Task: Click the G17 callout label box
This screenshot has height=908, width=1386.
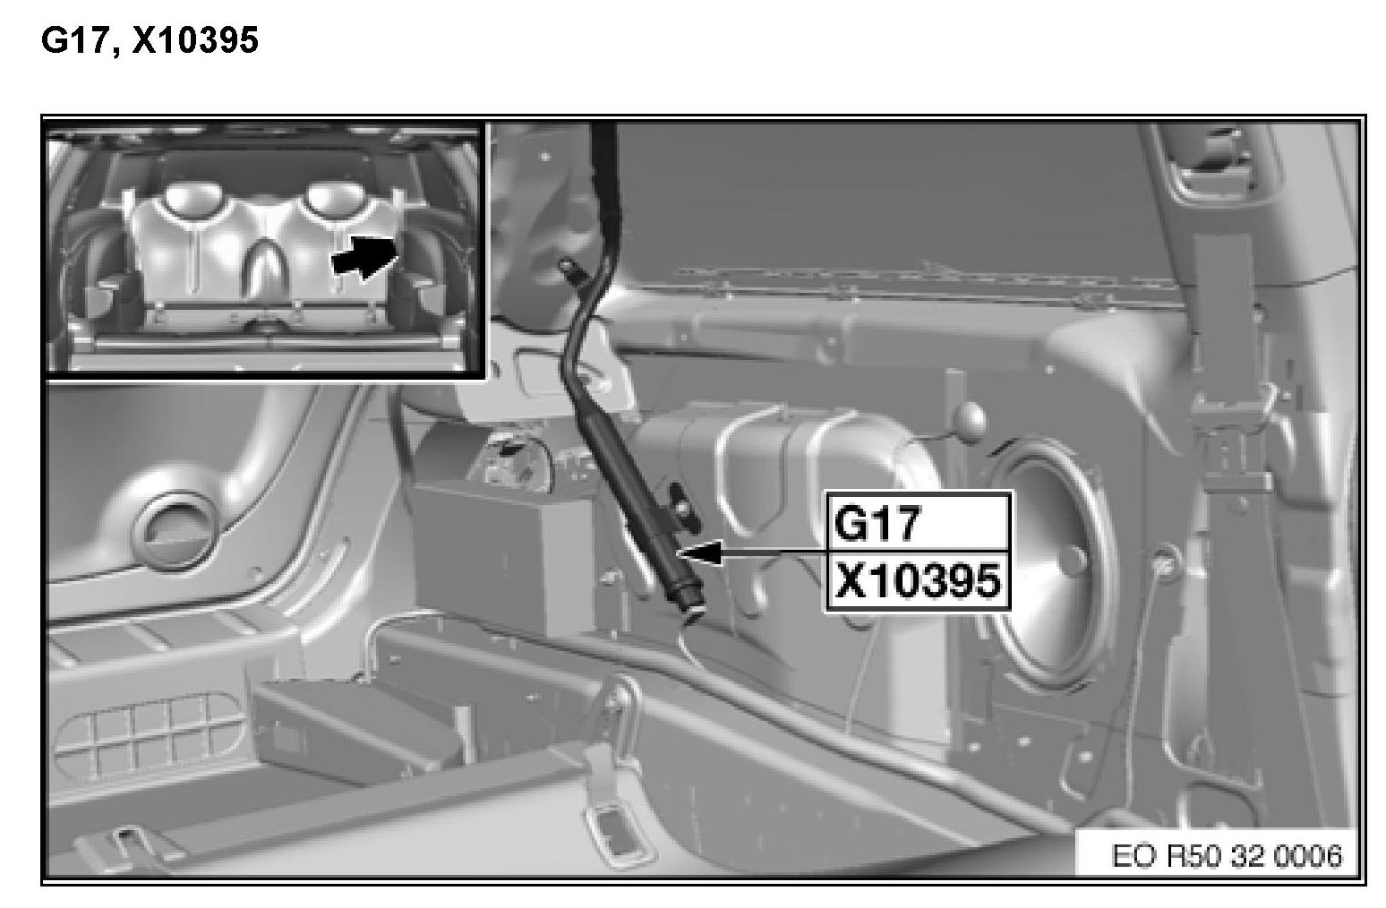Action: coord(919,521)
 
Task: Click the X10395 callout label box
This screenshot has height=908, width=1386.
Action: coord(919,580)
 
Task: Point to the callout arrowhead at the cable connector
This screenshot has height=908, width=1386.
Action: coord(700,552)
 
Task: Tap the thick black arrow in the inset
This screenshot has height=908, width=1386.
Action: coord(364,256)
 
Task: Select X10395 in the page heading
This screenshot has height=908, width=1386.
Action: coord(195,41)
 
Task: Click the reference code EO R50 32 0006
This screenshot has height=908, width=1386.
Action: coord(1227,856)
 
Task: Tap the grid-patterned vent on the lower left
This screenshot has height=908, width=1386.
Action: coord(150,734)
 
